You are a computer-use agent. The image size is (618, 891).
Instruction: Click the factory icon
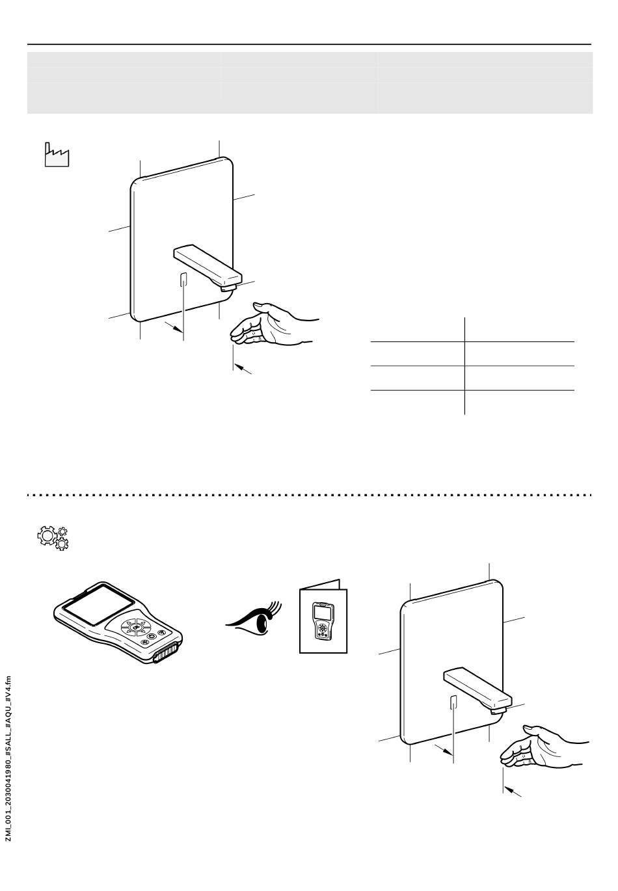(57, 155)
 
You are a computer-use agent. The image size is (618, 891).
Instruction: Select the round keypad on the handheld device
(136, 628)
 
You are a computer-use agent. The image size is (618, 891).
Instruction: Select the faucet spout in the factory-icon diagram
(207, 264)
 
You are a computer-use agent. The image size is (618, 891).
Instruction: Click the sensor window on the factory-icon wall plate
(184, 280)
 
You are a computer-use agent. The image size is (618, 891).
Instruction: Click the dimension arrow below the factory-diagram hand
(243, 369)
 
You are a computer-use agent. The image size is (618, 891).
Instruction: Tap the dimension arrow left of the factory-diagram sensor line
(172, 326)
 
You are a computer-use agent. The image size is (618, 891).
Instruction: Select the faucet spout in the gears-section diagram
(477, 688)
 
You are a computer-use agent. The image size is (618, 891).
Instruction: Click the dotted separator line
(309, 495)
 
